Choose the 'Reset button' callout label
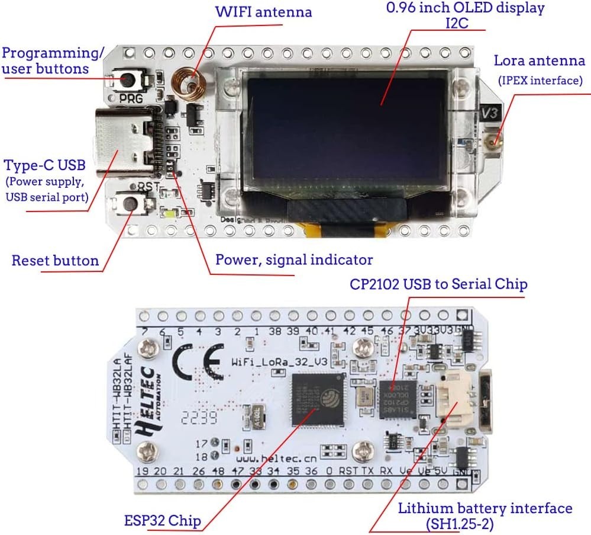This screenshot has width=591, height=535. click(x=55, y=261)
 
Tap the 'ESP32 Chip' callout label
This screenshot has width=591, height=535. click(x=163, y=521)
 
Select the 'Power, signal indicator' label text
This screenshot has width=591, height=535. click(x=293, y=260)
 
